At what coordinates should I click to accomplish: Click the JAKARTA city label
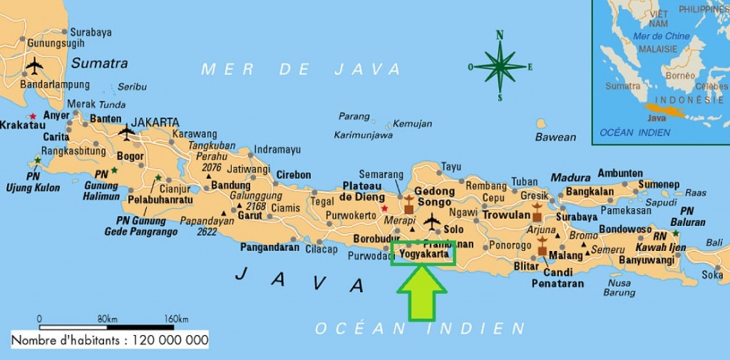click(x=155, y=122)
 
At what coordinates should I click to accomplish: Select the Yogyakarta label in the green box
click(x=425, y=253)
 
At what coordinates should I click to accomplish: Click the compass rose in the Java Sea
click(x=500, y=66)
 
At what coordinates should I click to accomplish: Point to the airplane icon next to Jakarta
click(x=127, y=132)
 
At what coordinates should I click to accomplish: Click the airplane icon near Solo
click(x=432, y=222)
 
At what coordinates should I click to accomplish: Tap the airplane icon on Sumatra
click(x=34, y=66)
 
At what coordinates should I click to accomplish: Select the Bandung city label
click(x=231, y=186)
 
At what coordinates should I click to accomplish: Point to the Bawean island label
click(x=555, y=137)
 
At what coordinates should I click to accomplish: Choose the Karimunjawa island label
click(x=364, y=135)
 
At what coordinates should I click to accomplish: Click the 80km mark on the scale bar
click(x=107, y=319)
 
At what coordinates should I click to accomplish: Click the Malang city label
click(x=566, y=255)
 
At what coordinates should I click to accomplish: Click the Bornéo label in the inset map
click(x=679, y=76)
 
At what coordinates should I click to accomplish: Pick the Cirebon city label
click(x=294, y=175)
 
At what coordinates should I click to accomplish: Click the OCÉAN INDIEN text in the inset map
click(x=634, y=132)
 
